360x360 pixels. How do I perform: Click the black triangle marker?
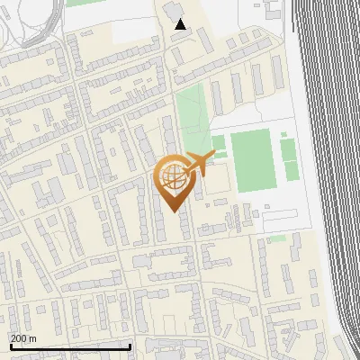point(181,24)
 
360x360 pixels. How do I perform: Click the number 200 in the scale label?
point(19,338)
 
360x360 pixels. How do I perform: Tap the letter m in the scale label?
point(33,338)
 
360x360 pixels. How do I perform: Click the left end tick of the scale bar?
point(10,346)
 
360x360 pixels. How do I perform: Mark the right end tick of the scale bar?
point(130,346)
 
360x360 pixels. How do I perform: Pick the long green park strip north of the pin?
point(190,117)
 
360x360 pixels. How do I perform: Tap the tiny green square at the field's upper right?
point(283,136)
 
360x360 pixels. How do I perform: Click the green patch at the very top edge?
point(81,3)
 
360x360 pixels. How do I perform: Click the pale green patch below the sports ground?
point(277,238)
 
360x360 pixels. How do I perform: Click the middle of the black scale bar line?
point(70,346)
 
